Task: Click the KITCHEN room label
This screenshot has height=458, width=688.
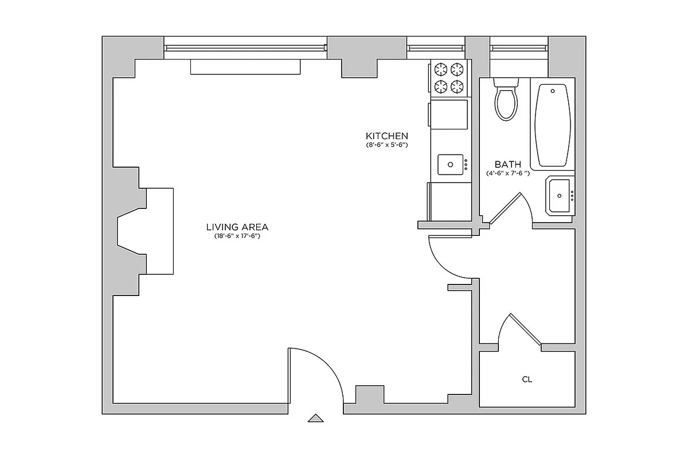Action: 387,136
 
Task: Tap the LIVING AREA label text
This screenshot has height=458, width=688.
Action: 237,226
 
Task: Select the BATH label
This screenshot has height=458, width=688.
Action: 508,164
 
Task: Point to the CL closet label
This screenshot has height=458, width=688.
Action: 527,379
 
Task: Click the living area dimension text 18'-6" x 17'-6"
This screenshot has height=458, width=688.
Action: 237,236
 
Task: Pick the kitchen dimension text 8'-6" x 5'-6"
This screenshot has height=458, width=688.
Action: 387,145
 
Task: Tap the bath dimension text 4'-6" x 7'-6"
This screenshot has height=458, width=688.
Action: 508,173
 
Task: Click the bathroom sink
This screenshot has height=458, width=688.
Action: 560,195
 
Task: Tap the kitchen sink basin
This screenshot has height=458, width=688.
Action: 451,164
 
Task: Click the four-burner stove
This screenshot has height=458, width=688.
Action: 449,78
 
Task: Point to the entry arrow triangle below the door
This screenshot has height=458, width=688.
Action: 315,418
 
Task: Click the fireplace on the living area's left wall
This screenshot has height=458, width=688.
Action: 146,232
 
